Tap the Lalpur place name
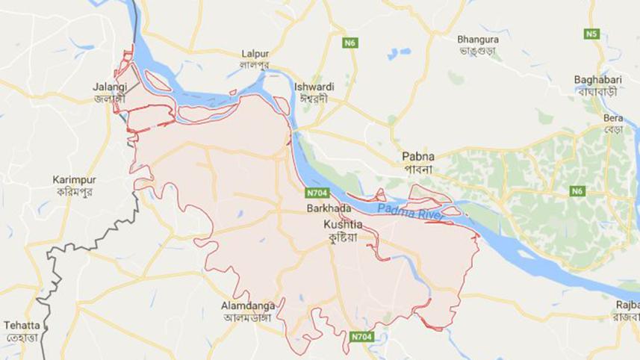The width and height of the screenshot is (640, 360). click(x=255, y=54)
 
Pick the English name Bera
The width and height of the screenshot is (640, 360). click(x=613, y=119)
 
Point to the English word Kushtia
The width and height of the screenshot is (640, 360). click(x=342, y=224)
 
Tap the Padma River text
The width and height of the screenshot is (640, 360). click(x=410, y=212)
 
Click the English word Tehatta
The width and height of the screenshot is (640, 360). click(x=22, y=326)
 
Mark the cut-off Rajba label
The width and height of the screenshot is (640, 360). click(x=627, y=305)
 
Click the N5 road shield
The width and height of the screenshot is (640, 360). click(x=592, y=34)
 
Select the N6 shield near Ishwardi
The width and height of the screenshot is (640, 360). click(x=349, y=43)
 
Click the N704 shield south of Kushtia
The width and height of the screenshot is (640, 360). click(x=362, y=337)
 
